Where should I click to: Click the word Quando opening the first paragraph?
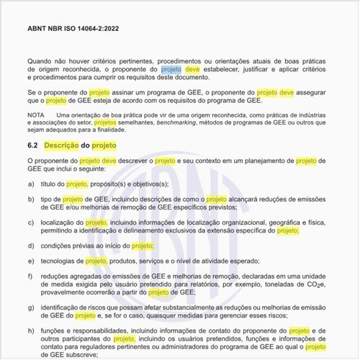click(42, 62)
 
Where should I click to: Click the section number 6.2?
click(34, 145)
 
